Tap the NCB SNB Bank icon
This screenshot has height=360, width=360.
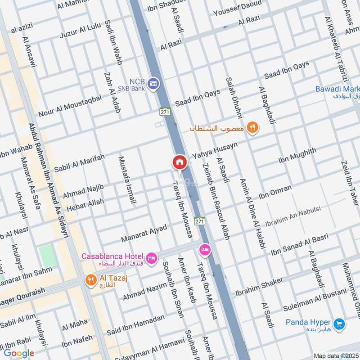(153, 84)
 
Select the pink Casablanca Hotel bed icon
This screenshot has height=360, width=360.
(152, 257)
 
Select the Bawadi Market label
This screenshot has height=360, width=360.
(337, 89)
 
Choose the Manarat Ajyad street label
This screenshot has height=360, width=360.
(144, 233)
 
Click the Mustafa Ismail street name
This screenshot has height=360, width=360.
(127, 180)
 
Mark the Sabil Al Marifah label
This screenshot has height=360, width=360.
(79, 163)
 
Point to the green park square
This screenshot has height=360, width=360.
(47, 256)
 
